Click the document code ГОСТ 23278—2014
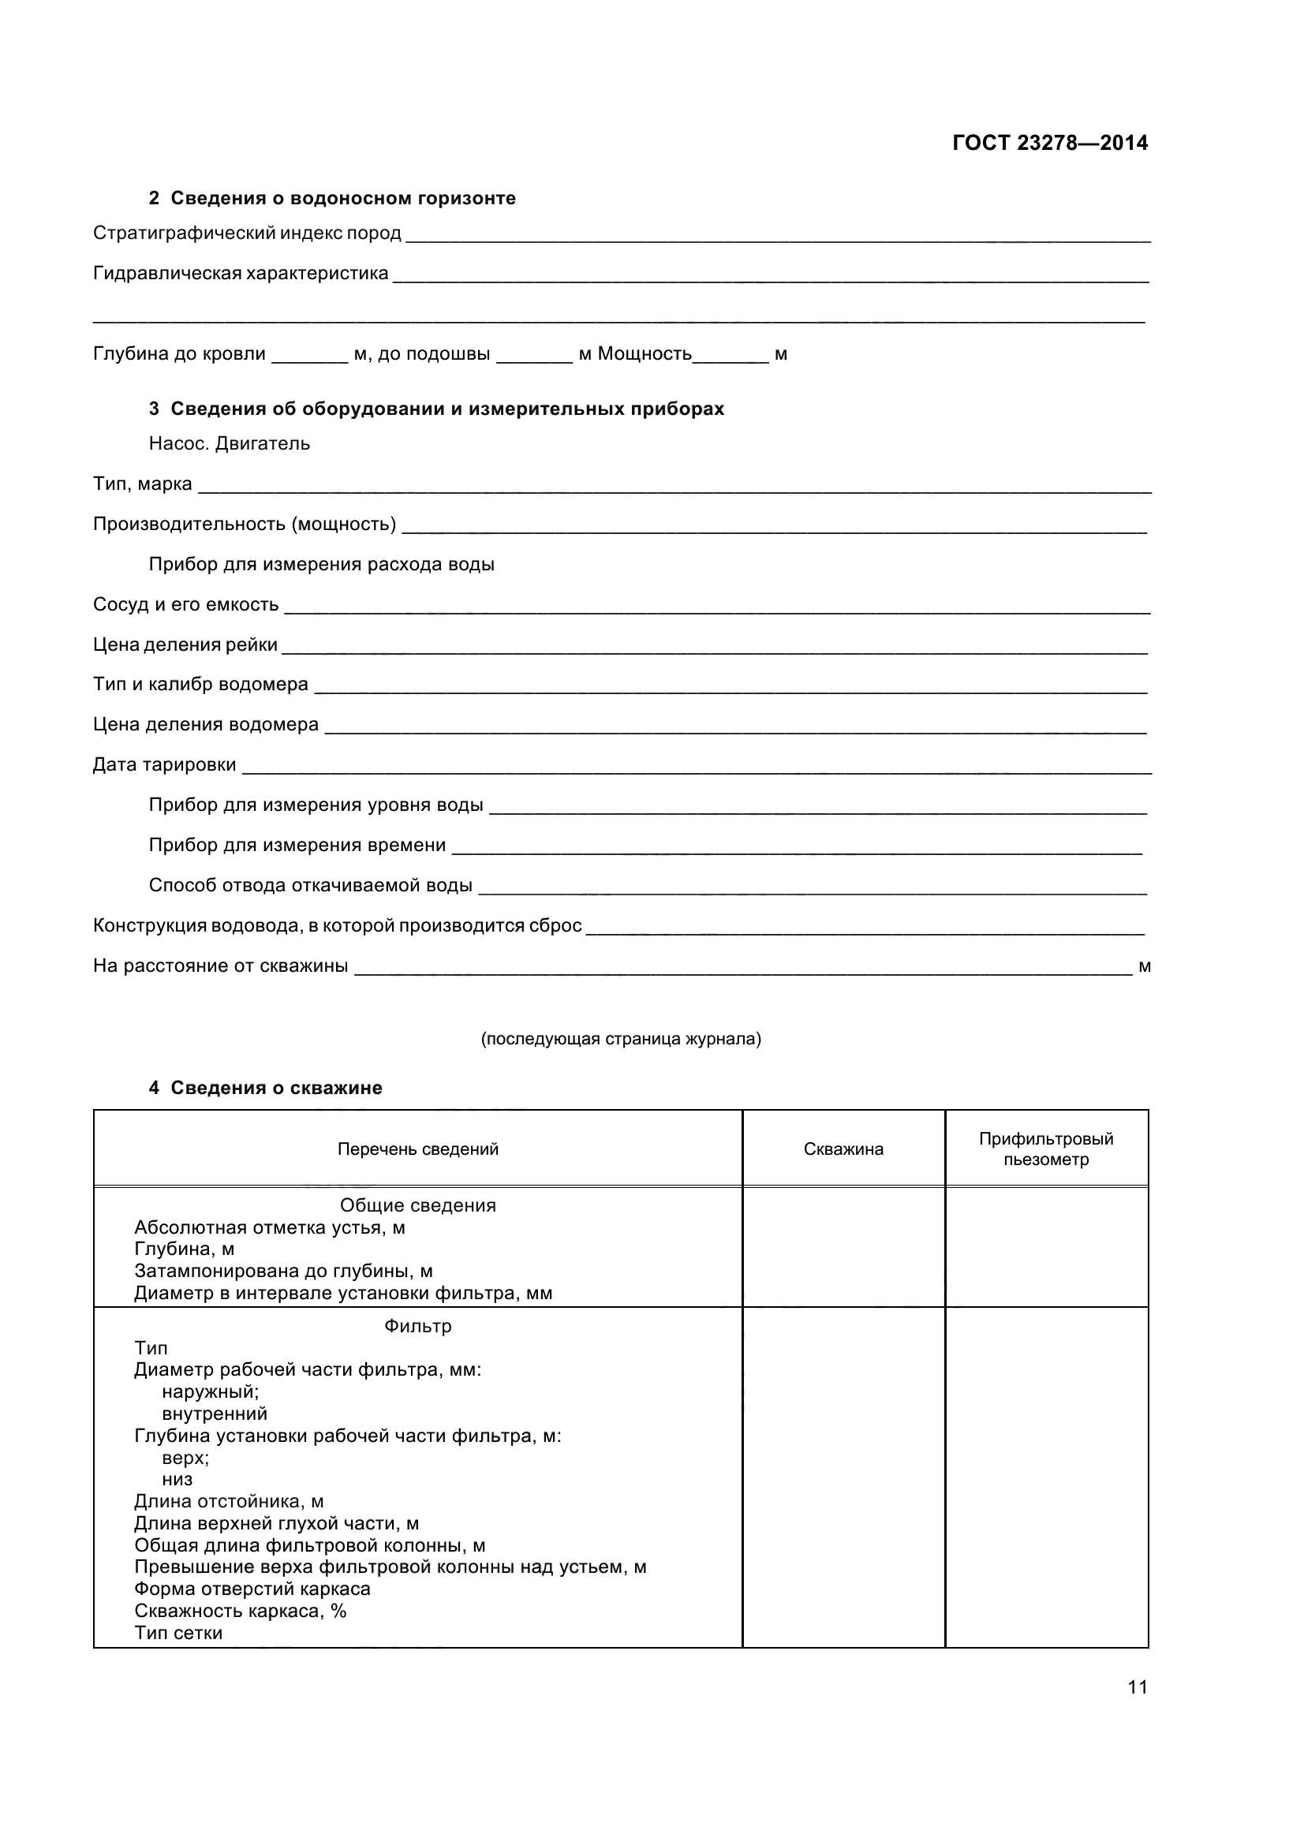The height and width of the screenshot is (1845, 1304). pyautogui.click(x=1049, y=143)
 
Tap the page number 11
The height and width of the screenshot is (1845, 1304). pyautogui.click(x=1137, y=1686)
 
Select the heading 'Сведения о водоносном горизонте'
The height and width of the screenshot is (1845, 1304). pyautogui.click(x=342, y=198)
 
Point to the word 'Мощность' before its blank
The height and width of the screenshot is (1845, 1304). pyautogui.click(x=645, y=353)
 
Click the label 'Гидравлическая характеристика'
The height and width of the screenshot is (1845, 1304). pyautogui.click(x=241, y=273)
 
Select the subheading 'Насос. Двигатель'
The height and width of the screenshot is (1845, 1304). pyautogui.click(x=229, y=443)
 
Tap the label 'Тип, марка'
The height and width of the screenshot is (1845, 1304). pyautogui.click(x=142, y=484)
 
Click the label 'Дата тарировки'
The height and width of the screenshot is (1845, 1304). pyautogui.click(x=165, y=764)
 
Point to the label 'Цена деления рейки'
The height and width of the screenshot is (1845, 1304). pyautogui.click(x=185, y=644)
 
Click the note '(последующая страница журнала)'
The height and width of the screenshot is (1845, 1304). pyautogui.click(x=620, y=1039)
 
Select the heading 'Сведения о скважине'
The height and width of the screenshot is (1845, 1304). pyautogui.click(x=275, y=1087)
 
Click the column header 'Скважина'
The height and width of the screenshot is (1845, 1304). pyautogui.click(x=843, y=1149)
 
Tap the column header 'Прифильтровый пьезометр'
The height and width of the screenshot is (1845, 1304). pyautogui.click(x=1045, y=1149)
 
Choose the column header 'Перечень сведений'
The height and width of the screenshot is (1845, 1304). pyautogui.click(x=418, y=1149)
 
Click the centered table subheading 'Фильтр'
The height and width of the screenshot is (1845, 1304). pyautogui.click(x=418, y=1326)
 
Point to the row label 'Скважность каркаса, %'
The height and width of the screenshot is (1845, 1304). pyautogui.click(x=241, y=1612)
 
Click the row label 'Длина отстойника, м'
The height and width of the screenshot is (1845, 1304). pyautogui.click(x=229, y=1501)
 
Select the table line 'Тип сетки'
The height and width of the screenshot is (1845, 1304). pyautogui.click(x=178, y=1633)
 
